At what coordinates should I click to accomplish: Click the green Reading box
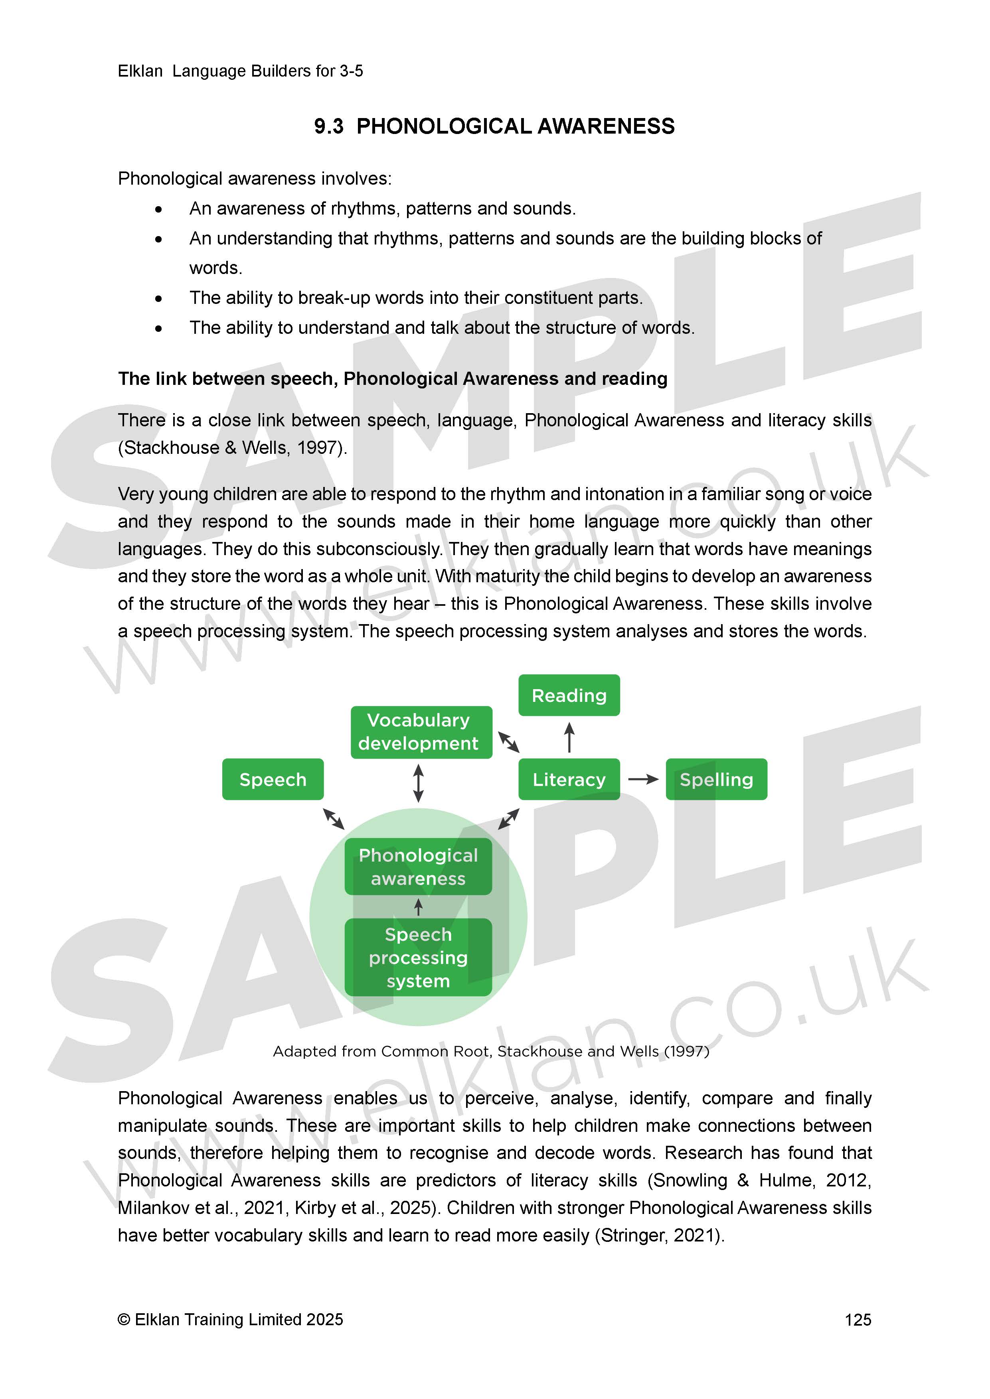pos(569,695)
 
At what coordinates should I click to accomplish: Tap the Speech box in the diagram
pos(273,779)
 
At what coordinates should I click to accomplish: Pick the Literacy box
pos(569,779)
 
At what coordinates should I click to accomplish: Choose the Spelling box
pos(716,779)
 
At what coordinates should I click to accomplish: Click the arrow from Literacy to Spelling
pos(643,779)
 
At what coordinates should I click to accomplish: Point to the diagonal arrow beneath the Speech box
pos(334,818)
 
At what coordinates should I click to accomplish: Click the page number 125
pos(858,1320)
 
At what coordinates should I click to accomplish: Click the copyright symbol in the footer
pos(124,1320)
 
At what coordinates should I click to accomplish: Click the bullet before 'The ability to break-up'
pos(158,299)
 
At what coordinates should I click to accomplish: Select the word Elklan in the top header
pos(140,71)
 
